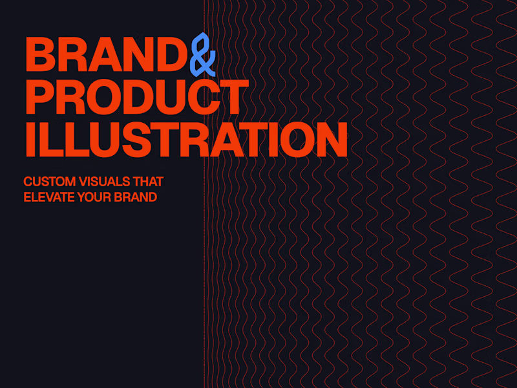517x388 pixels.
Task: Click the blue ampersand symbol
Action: click(x=203, y=53)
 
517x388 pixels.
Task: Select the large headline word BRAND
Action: click(x=107, y=54)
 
